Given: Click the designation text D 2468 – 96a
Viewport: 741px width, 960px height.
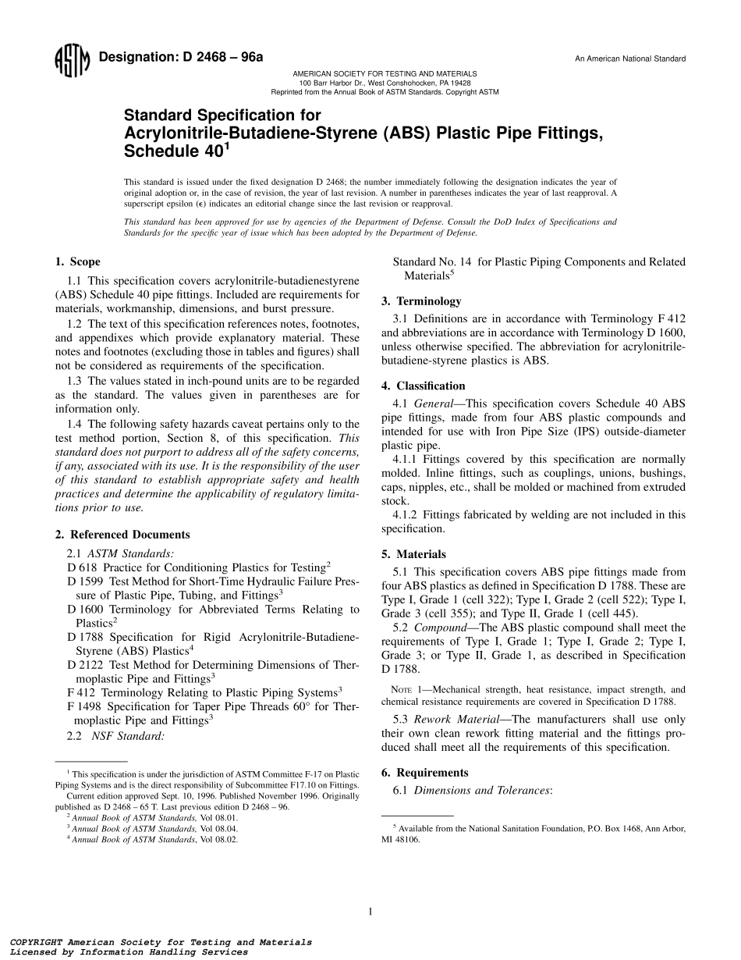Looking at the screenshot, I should (183, 58).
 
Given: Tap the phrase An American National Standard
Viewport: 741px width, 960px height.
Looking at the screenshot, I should (630, 59).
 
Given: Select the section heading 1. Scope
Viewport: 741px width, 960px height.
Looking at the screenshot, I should (77, 262).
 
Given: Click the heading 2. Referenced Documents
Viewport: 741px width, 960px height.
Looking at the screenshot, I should (122, 535).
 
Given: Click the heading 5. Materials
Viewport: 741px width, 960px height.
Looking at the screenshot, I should (413, 555).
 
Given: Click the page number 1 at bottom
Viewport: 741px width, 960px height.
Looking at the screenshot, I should (370, 911).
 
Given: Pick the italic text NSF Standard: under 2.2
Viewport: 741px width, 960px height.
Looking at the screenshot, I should (129, 735).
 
